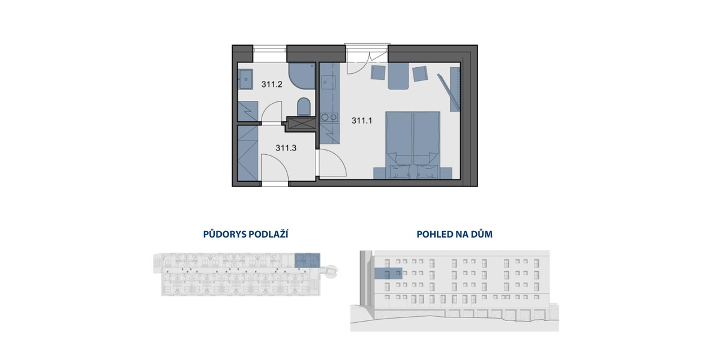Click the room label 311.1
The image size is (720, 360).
coord(362,121)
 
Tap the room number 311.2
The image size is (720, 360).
coord(272,85)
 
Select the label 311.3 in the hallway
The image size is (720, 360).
coord(286,148)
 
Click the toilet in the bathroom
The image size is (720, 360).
coord(304,107)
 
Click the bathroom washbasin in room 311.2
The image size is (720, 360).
coord(246,79)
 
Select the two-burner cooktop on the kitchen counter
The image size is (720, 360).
coord(329,118)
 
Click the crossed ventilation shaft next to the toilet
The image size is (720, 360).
coord(302,123)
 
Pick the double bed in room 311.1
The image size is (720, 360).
coord(413,145)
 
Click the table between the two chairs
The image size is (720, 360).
coord(398,76)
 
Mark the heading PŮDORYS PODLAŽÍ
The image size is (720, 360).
coord(245,235)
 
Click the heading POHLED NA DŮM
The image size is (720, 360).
coord(455,235)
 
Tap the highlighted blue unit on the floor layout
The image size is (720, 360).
coord(307,260)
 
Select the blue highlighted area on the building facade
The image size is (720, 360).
coord(388,273)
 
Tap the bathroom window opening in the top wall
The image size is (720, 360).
coord(269,53)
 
